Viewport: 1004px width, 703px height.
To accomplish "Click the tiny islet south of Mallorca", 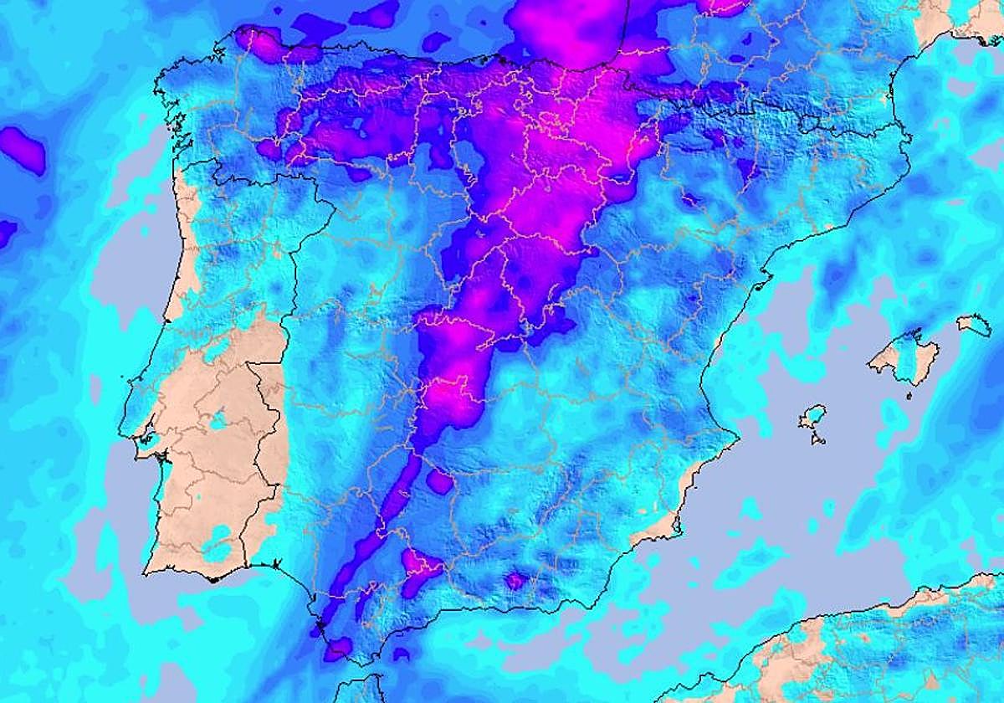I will click(x=909, y=397).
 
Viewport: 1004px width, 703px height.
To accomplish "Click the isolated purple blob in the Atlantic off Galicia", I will click(x=23, y=151).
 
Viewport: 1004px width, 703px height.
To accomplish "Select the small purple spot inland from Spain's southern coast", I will click(x=515, y=580).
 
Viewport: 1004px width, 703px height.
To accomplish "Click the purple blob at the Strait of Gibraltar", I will click(x=338, y=647).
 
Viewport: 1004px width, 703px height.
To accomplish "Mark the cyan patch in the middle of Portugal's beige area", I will click(x=219, y=421).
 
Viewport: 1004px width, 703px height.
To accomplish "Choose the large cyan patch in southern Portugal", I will click(x=219, y=548).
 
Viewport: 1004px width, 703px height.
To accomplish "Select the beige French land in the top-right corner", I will click(x=962, y=17).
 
